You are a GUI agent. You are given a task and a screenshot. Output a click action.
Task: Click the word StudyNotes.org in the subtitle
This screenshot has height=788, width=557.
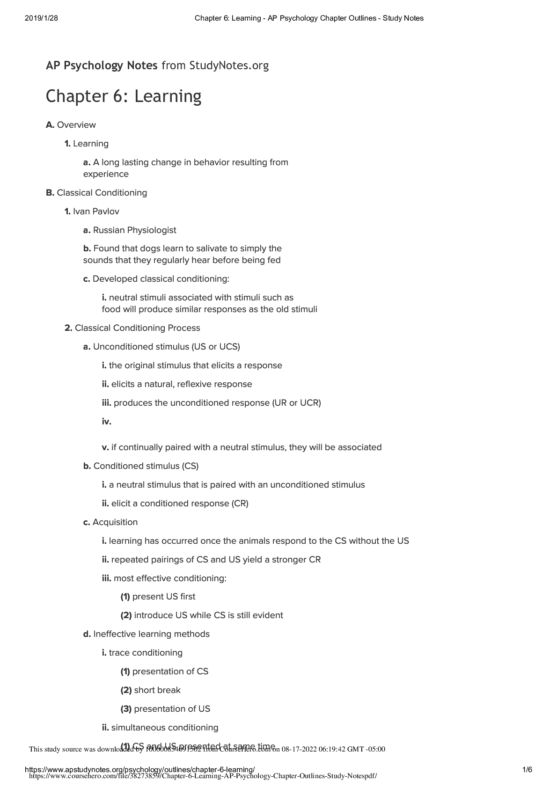229,66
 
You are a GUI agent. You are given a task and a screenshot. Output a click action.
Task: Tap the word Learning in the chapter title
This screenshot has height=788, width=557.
168,96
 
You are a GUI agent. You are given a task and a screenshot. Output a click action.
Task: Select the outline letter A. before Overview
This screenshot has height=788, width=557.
50,125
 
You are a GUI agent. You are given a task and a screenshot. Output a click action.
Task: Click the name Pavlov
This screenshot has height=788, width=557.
106,212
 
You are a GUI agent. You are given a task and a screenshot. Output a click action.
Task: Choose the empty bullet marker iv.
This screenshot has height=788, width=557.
106,422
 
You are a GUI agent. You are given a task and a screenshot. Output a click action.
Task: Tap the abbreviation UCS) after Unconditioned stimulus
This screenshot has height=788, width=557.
230,347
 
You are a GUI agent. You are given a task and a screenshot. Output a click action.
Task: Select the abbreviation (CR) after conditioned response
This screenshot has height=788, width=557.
240,503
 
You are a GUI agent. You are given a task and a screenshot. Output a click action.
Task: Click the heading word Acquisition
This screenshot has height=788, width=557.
115,522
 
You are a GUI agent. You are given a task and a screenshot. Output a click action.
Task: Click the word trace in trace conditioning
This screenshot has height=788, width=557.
119,653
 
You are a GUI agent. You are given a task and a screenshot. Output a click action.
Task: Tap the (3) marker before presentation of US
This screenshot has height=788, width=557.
126,709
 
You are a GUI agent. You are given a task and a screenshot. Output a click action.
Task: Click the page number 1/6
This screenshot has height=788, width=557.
527,770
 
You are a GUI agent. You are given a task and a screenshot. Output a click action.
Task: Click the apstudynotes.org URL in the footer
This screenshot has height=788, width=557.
139,770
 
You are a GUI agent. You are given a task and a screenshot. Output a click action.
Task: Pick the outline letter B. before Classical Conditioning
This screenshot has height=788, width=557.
50,193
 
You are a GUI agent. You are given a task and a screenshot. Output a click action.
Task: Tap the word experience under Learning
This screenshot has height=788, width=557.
106,174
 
